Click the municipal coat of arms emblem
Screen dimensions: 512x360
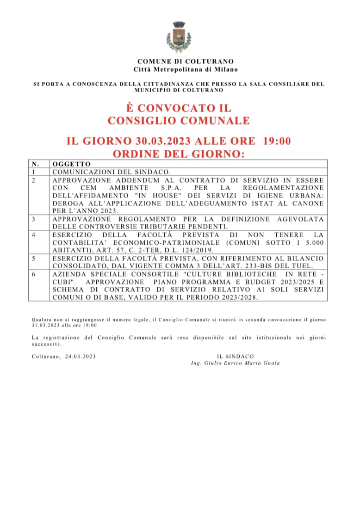[x=180, y=37]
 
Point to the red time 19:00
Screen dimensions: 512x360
[x=277, y=141]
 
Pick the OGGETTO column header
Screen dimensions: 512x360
[x=71, y=164]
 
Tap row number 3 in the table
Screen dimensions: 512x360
[x=34, y=219]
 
